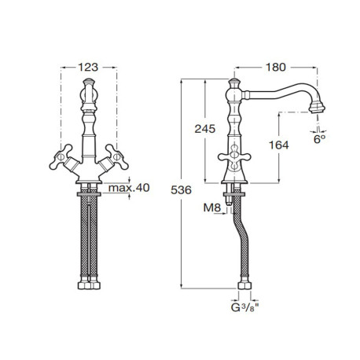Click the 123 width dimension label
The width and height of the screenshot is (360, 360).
click(x=88, y=68)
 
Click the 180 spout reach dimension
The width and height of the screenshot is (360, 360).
click(x=276, y=68)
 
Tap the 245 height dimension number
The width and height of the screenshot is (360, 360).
click(x=205, y=129)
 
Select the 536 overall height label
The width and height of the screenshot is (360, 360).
click(x=181, y=190)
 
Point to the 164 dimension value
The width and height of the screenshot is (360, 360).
click(x=279, y=145)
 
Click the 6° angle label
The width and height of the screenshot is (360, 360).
click(x=319, y=139)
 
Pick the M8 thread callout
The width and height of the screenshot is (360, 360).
click(x=212, y=208)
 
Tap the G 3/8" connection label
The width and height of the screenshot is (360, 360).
click(x=245, y=307)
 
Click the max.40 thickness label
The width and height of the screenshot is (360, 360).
click(x=129, y=188)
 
